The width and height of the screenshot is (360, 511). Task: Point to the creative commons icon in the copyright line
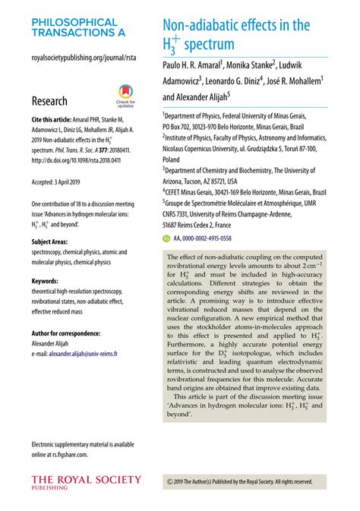click(x=169, y=481)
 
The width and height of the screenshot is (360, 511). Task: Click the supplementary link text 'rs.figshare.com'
click(x=65, y=454)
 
